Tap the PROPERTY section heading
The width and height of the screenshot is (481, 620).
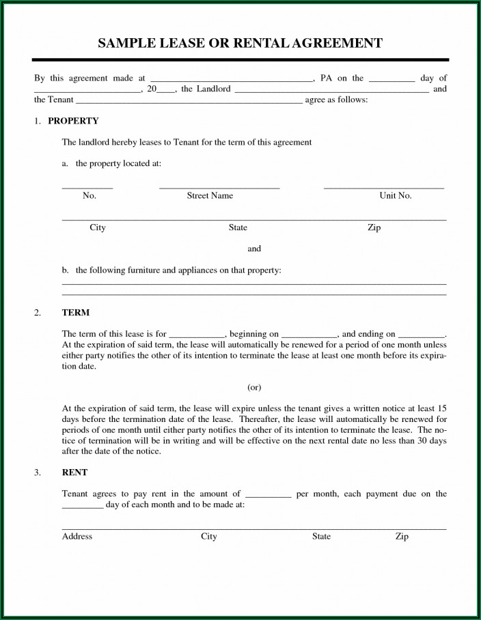pos(73,121)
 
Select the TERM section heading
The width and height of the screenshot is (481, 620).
pos(76,313)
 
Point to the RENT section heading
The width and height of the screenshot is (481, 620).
pos(74,472)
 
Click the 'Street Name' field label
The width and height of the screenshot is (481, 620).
pos(210,196)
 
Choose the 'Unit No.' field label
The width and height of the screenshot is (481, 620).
pos(396,196)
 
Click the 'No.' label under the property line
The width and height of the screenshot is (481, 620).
pos(90,196)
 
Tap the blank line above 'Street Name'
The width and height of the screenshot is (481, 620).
pos(219,187)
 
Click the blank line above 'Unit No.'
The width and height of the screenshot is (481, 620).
pos(383,187)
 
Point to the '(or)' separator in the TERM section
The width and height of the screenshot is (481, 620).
pos(254,387)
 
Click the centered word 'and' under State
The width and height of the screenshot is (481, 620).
pos(254,249)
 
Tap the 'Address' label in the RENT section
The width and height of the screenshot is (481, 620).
pos(77,537)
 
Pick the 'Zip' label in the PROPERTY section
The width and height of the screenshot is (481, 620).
pos(374,227)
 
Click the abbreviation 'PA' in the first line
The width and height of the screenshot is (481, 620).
pos(326,79)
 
